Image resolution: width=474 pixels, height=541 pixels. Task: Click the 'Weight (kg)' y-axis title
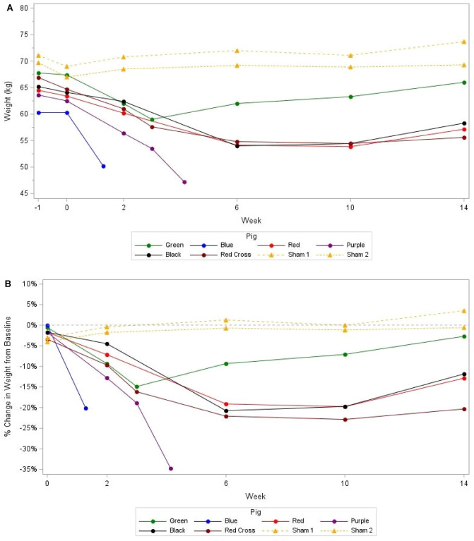click(x=8, y=101)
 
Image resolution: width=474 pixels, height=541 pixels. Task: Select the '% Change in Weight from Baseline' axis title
click(x=8, y=378)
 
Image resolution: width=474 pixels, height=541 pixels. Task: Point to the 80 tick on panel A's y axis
click(x=24, y=8)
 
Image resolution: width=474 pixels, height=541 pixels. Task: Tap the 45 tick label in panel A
click(x=24, y=193)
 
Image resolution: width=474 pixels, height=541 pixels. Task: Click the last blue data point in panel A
click(x=104, y=166)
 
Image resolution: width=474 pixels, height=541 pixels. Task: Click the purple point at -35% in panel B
click(x=170, y=468)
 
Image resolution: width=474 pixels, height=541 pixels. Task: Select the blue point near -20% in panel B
click(x=86, y=408)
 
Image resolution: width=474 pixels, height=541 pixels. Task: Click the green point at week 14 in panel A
click(x=463, y=83)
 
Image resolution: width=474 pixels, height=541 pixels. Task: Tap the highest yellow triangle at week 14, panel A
click(x=463, y=42)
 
